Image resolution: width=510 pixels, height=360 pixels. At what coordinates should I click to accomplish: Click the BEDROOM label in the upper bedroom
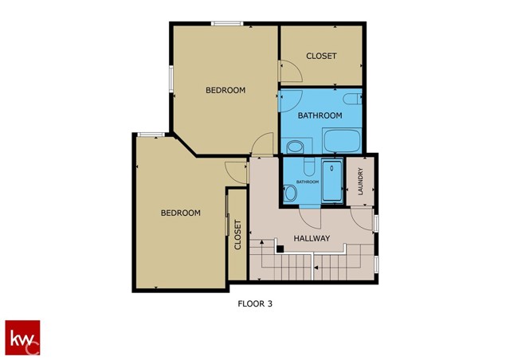pos(226,90)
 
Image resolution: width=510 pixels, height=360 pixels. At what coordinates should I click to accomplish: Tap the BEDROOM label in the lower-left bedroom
pos(181,213)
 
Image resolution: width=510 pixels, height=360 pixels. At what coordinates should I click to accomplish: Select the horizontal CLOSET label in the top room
pos(322,56)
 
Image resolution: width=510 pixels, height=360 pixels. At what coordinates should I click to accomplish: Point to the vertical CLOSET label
pos(237,235)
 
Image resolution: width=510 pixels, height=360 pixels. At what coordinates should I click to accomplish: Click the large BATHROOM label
pos(320,115)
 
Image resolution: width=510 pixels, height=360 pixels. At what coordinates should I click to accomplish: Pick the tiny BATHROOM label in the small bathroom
pos(308,182)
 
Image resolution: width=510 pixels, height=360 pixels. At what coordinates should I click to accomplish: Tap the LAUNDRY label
pos(360,182)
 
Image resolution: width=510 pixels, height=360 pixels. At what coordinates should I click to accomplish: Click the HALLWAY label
pos(312,238)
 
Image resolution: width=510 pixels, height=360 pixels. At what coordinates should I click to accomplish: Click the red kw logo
pos(22,337)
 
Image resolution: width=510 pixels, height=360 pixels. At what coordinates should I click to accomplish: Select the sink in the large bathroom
pos(294,147)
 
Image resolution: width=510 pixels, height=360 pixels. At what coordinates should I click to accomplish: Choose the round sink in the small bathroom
pos(288,192)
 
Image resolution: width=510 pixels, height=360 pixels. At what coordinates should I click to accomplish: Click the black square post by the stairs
pos(280,248)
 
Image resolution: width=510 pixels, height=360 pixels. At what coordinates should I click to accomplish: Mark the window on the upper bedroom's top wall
pos(227,24)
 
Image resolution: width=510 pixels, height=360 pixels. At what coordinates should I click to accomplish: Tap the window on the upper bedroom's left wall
pos(171,80)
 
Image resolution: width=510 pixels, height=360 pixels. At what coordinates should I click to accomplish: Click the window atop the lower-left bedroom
pos(151,134)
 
